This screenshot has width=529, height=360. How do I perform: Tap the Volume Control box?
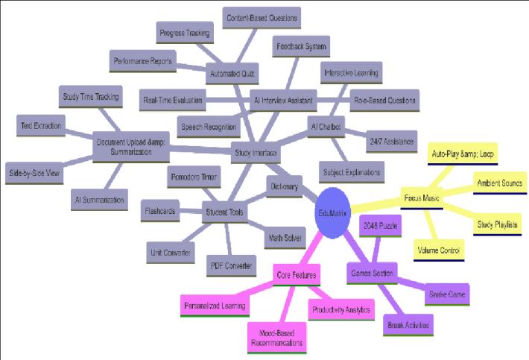tap(438, 250)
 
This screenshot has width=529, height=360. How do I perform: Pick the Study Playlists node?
tap(497, 224)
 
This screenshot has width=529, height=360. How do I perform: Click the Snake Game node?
tap(447, 294)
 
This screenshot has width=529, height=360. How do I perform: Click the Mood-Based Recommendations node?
tap(276, 338)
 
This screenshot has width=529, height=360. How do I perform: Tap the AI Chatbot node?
tap(326, 127)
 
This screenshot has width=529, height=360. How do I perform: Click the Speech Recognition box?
tap(207, 126)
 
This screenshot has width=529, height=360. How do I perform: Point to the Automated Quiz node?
tap(232, 75)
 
